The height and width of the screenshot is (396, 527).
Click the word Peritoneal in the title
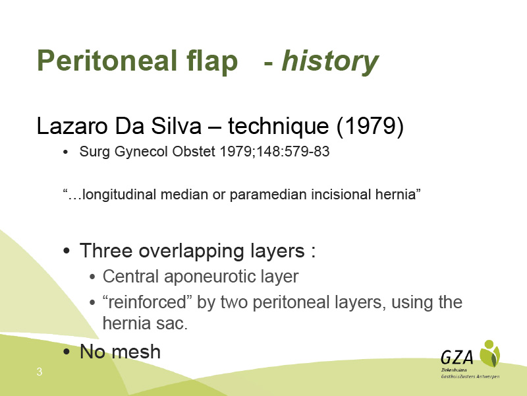pos(107,61)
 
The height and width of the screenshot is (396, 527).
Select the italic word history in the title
pos(330,61)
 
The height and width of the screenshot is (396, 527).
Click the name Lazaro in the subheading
pos(72,126)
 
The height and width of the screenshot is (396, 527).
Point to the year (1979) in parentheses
pos(370,127)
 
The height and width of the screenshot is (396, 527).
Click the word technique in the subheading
pos(279,127)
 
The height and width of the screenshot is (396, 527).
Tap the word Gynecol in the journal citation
pos(141,152)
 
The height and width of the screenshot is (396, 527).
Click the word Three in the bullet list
pos(106,251)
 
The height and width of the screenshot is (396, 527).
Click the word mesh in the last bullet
pos(136,352)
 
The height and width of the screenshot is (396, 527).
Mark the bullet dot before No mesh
pos(67,352)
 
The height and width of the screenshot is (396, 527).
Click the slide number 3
pos(40,372)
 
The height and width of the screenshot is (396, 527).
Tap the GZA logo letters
pos(457,357)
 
